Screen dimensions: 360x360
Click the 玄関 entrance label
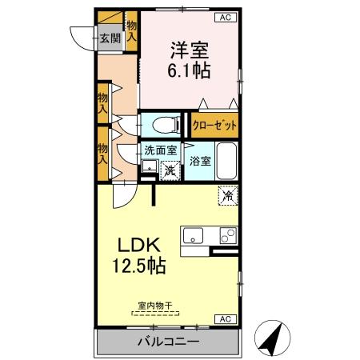(x=109, y=38)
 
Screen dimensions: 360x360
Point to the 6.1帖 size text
(x=190, y=70)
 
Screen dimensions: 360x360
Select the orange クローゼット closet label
(x=215, y=126)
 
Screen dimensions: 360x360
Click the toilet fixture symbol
(x=162, y=124)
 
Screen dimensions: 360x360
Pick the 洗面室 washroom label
(x=160, y=149)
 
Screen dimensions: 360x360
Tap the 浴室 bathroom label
(x=200, y=161)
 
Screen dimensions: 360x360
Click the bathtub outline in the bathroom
(x=227, y=162)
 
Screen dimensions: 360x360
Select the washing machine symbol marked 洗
(x=170, y=170)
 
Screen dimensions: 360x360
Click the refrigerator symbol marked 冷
(x=228, y=194)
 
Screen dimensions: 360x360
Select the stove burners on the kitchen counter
(x=228, y=236)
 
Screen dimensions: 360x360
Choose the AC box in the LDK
(x=227, y=319)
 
